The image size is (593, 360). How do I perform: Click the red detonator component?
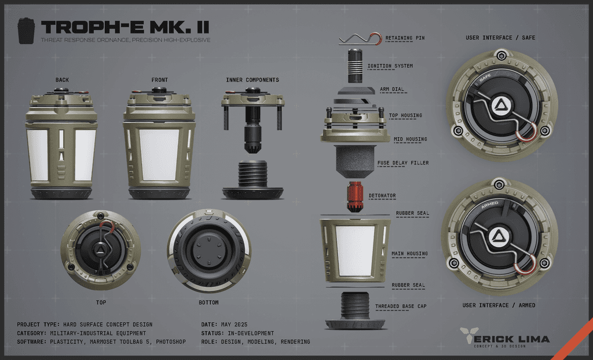pos(355,196)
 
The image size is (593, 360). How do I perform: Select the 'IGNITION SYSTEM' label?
pos(390,66)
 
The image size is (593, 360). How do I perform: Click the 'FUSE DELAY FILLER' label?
pos(403,163)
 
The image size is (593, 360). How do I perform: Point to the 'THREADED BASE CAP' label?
pos(401,306)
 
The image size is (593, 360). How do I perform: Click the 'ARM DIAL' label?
pos(392,90)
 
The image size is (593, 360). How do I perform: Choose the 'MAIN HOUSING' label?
pos(409,254)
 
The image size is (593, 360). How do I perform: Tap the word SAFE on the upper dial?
pos(485,78)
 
